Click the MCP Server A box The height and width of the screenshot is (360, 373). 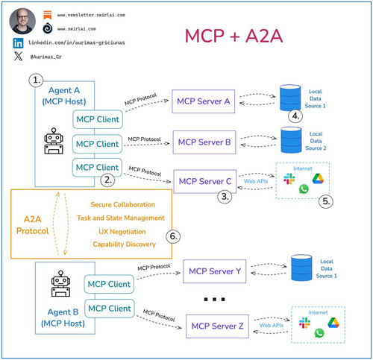[203, 101]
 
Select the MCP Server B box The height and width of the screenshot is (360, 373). [204, 142]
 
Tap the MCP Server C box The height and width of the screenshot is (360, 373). [205, 182]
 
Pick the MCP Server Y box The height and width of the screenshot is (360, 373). [215, 271]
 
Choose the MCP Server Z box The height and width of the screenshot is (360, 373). [217, 326]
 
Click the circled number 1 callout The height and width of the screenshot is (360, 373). [36, 80]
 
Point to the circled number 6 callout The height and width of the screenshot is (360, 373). [173, 236]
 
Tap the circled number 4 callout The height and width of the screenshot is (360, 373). [295, 116]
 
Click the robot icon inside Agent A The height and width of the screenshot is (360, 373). [54, 141]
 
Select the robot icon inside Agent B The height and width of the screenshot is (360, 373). [60, 283]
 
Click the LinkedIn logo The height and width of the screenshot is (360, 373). [18, 43]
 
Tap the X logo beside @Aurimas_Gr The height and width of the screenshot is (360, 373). [18, 56]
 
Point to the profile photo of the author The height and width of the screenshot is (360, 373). [22, 21]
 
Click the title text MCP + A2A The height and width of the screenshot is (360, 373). [233, 37]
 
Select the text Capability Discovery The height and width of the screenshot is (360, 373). [125, 244]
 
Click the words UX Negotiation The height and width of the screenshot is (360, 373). [122, 232]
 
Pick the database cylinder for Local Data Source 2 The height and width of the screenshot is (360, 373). [291, 140]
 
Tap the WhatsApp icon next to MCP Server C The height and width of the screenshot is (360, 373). [304, 189]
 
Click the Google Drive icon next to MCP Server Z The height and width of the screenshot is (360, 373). [333, 323]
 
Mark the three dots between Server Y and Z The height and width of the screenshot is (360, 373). [214, 300]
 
